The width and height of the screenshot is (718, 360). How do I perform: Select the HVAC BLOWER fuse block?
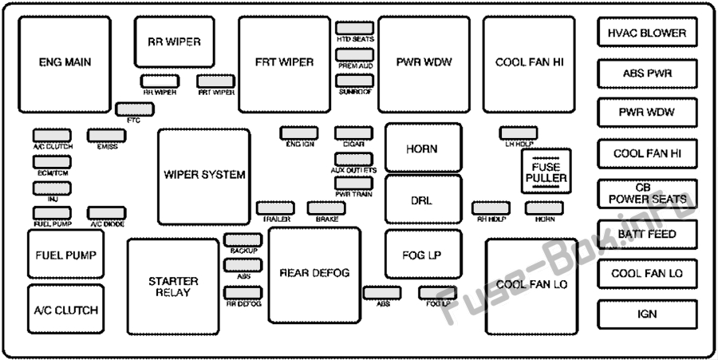point(646,34)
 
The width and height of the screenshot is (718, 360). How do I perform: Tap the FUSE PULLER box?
point(546,171)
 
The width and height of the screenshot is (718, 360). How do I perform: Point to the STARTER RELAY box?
point(173,287)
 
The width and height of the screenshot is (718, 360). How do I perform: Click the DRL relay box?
point(423,200)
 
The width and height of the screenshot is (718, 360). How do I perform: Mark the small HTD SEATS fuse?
point(355,28)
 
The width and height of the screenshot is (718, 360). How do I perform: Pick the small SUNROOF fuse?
point(355,81)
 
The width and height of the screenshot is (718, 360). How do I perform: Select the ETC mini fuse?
point(130,109)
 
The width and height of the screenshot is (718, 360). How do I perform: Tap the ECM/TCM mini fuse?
point(52,162)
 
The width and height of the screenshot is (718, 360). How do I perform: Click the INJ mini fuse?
point(52,188)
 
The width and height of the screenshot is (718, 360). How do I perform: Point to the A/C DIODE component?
point(107,212)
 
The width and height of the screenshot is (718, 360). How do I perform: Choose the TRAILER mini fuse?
point(274,208)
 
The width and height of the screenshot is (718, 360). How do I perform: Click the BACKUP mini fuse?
point(243,239)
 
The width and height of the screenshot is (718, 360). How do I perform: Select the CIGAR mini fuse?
point(354,133)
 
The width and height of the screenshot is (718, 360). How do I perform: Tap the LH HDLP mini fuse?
point(519,133)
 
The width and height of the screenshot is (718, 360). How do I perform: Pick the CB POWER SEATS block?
point(646,193)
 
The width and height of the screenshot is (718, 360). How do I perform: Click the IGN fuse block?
point(646,314)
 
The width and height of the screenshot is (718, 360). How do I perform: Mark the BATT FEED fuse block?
point(646,234)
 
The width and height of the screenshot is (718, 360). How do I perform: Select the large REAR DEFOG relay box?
point(314,274)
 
